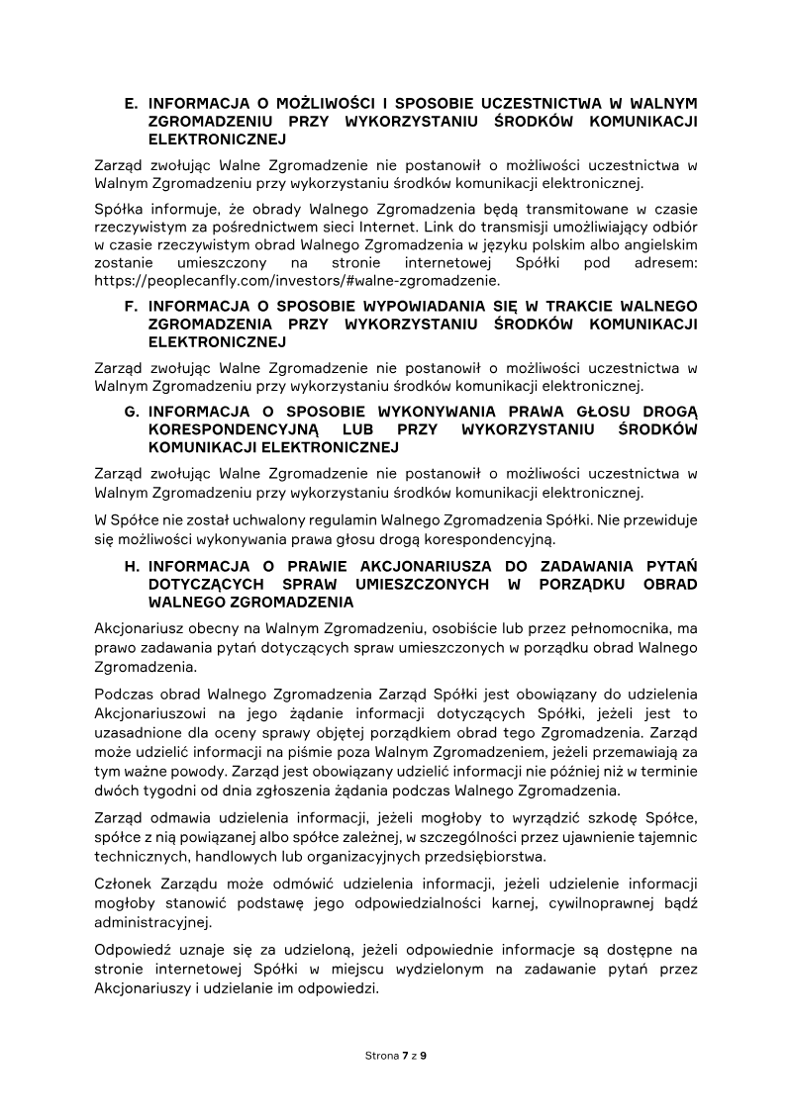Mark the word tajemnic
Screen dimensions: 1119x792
[x=666, y=838]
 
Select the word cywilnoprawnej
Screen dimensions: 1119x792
[x=579, y=904]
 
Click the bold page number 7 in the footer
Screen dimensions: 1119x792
[x=405, y=1056]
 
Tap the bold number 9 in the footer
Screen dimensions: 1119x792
[x=424, y=1056]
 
